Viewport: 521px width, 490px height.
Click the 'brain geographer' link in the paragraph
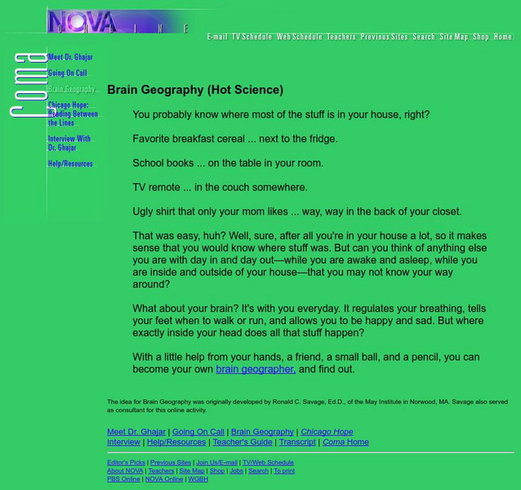pyautogui.click(x=255, y=369)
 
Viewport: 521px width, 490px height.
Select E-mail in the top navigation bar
pyautogui.click(x=217, y=37)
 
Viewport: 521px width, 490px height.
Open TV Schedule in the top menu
pyautogui.click(x=252, y=37)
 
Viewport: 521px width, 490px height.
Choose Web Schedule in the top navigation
pyautogui.click(x=299, y=37)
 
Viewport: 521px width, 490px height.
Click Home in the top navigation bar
pyautogui.click(x=503, y=37)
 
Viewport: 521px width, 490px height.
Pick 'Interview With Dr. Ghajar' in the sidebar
pyautogui.click(x=69, y=143)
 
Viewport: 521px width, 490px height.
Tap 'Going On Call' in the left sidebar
pyautogui.click(x=67, y=73)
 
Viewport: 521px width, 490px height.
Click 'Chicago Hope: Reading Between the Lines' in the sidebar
pyautogui.click(x=73, y=114)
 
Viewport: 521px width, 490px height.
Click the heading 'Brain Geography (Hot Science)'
pyautogui.click(x=195, y=90)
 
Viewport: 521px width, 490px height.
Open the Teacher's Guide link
pyautogui.click(x=243, y=442)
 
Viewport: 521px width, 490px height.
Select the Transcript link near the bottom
pyautogui.click(x=297, y=442)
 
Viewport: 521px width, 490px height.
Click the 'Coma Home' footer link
pyautogui.click(x=345, y=442)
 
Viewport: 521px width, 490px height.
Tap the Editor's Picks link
pyautogui.click(x=126, y=462)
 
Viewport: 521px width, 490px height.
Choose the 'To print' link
pyautogui.click(x=284, y=470)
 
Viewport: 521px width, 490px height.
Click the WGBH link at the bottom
pyautogui.click(x=198, y=479)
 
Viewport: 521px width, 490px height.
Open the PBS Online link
pyautogui.click(x=123, y=479)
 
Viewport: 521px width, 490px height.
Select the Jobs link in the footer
pyautogui.click(x=237, y=470)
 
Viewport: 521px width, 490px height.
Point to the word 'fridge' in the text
pyautogui.click(x=323, y=139)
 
